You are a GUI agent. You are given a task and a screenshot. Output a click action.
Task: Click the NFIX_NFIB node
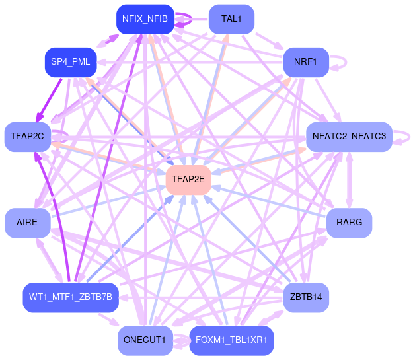145,19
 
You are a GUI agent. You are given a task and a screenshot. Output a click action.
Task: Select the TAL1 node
231,19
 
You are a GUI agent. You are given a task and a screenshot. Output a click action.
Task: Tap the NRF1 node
306,62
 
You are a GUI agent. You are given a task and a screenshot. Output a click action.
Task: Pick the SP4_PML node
71,62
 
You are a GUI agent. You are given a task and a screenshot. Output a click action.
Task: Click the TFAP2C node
27,137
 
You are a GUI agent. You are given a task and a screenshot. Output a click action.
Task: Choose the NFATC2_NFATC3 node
349,137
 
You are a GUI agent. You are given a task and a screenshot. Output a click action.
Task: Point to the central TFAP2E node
188,179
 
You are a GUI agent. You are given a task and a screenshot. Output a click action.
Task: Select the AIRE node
27,223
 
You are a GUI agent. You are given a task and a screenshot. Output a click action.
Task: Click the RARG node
349,223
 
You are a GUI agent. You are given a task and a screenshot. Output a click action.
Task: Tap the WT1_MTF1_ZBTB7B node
71,297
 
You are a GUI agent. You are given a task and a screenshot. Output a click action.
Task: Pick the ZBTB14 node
306,297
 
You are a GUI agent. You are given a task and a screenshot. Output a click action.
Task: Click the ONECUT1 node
145,341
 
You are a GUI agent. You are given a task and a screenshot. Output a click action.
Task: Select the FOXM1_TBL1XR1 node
231,341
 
